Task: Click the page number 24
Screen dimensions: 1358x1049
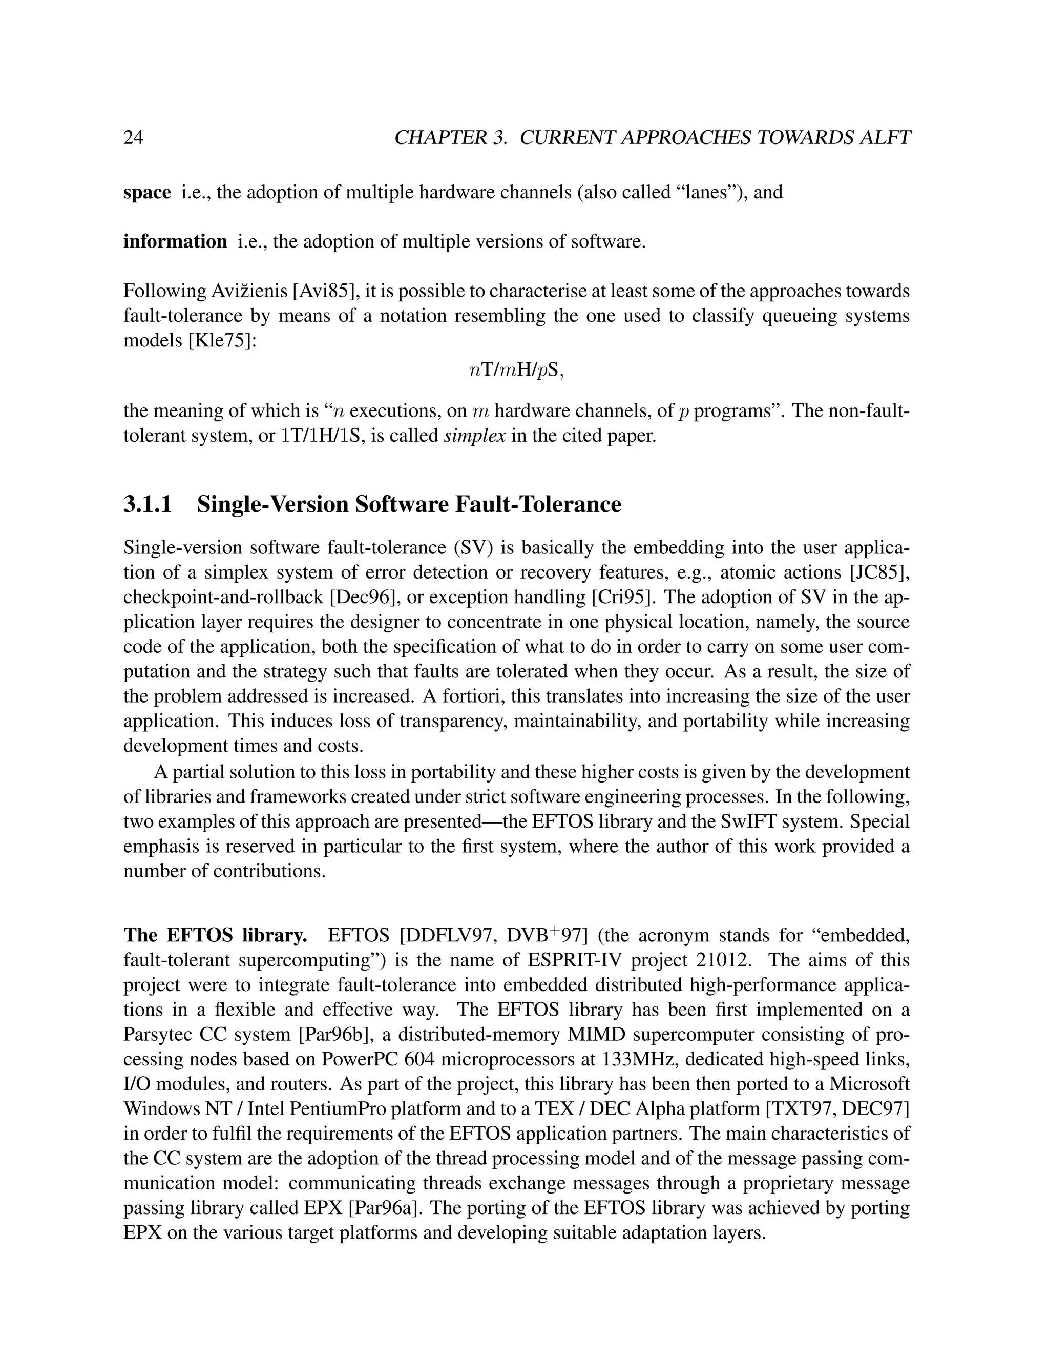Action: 134,137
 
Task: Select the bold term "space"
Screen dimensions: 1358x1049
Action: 148,193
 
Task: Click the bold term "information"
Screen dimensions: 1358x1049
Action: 175,241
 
